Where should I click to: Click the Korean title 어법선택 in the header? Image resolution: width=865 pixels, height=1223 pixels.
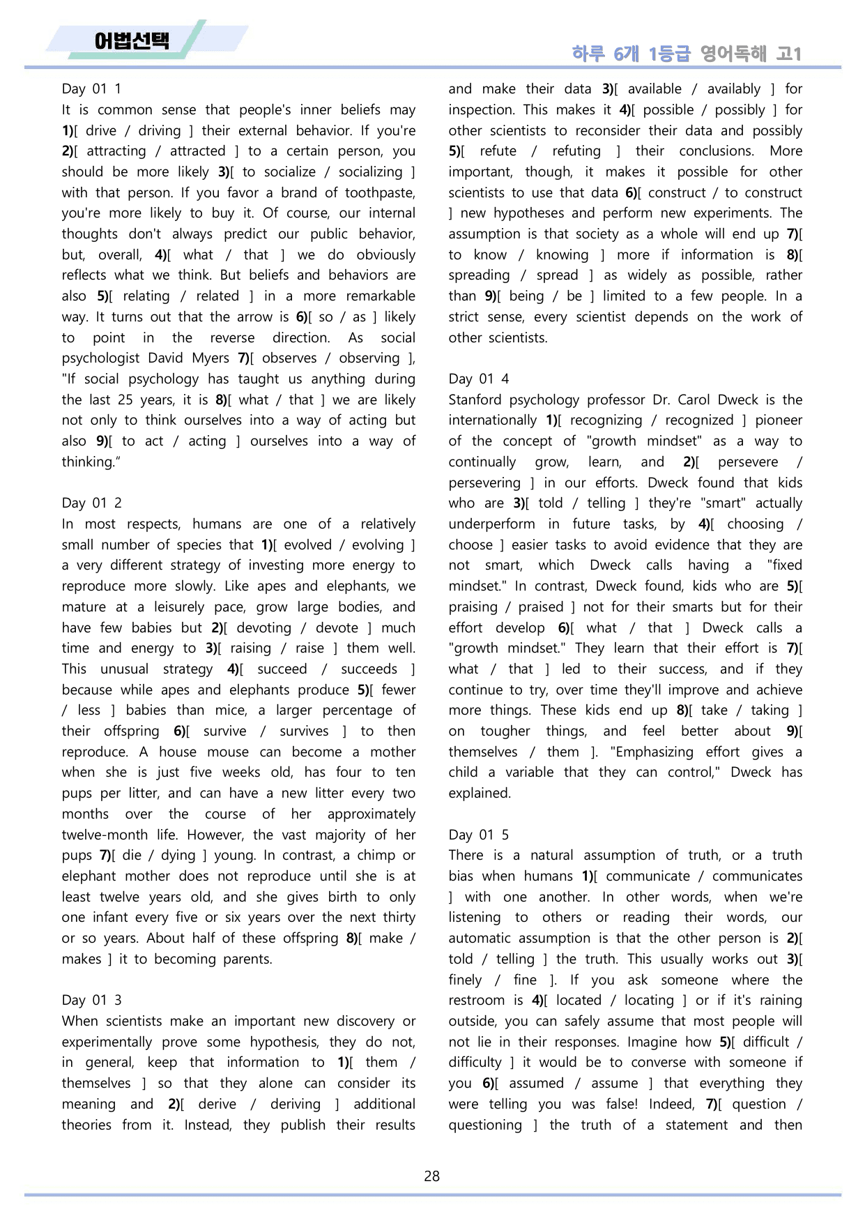pos(131,40)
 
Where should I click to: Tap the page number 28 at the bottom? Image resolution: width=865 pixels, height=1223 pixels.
pos(431,1176)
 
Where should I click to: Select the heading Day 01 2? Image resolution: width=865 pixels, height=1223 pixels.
pos(91,503)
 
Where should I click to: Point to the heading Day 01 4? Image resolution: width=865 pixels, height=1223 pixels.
pos(478,379)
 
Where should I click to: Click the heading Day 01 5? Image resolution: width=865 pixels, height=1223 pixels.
pos(478,835)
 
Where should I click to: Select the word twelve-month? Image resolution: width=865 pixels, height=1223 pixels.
pos(105,835)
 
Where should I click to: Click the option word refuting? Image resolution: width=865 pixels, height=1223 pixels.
pos(576,151)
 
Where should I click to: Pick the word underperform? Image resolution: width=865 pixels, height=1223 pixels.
pos(491,524)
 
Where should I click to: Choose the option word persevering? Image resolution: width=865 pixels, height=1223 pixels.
pos(484,483)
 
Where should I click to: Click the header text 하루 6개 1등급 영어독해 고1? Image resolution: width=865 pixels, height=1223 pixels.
pos(687,53)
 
